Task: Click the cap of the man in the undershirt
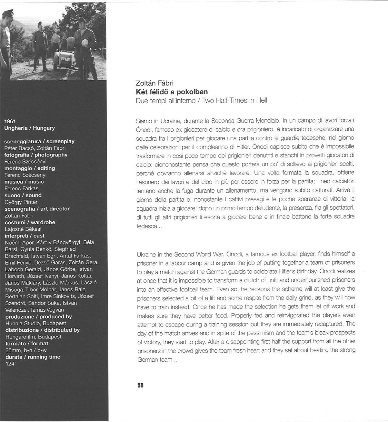tap(6, 13)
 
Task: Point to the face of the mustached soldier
tap(40, 27)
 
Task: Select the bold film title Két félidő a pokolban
tap(172, 92)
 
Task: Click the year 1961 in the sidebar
tap(10, 121)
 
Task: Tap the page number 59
tap(140, 385)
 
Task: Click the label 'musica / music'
tap(24, 182)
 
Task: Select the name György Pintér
tap(21, 202)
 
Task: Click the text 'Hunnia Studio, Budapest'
tap(36, 323)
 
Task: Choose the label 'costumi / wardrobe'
tap(30, 222)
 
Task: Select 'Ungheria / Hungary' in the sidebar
tap(30, 128)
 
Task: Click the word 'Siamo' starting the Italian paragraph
tap(144, 121)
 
